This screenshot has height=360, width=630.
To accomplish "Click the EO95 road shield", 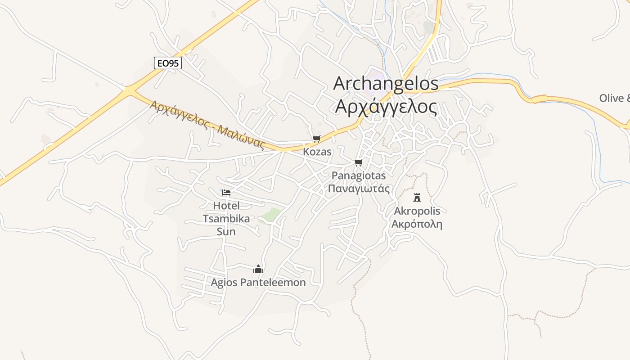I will (168, 63).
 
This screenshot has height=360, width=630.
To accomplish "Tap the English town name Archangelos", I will (386, 84).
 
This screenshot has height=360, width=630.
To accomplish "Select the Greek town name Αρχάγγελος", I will (386, 107).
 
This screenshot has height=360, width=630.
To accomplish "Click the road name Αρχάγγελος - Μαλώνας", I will (207, 124).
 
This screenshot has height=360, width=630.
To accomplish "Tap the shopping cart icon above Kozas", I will (317, 139).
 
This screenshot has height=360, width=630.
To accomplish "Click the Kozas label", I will (317, 152).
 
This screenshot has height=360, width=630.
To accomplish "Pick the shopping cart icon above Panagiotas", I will (358, 162).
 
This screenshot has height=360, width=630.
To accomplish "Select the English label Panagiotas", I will (359, 175).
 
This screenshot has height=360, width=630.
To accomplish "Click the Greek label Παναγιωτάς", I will (359, 189).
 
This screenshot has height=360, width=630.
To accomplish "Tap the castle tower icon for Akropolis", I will (417, 197).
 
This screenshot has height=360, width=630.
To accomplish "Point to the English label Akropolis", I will (417, 211).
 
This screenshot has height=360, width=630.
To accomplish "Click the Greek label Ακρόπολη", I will (417, 224).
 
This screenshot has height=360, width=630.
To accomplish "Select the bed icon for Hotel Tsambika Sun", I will (226, 193).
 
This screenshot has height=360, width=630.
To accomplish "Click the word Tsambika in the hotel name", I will (226, 219).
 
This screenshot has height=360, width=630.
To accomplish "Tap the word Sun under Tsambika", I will (226, 232).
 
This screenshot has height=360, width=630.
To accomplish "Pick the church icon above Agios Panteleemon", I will (258, 269).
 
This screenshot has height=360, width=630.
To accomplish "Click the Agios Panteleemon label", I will (258, 283).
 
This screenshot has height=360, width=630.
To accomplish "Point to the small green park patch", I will (271, 215).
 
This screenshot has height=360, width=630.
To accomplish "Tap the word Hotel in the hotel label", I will (226, 206).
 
